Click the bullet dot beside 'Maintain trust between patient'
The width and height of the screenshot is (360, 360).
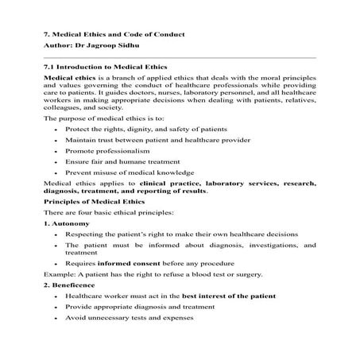(x=53, y=140)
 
